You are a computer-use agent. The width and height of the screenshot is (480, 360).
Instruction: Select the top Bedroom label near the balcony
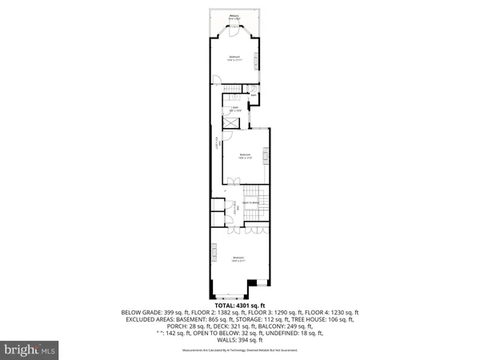[x=234, y=58]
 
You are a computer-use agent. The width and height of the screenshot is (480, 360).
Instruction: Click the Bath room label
[x=236, y=108]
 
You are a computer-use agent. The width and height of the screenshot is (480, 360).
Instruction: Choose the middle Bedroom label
[x=245, y=156]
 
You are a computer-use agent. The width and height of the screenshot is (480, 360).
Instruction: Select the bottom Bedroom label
[x=238, y=258]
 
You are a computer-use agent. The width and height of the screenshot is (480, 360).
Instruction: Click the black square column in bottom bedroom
[x=253, y=282]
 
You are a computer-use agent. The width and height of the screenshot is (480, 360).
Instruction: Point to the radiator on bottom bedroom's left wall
[x=214, y=252]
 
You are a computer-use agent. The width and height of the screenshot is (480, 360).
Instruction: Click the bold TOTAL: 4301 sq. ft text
[x=240, y=305]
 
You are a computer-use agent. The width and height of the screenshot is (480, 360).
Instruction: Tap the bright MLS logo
[x=30, y=350]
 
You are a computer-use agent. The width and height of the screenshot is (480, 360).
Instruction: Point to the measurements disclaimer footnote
[x=240, y=350]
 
